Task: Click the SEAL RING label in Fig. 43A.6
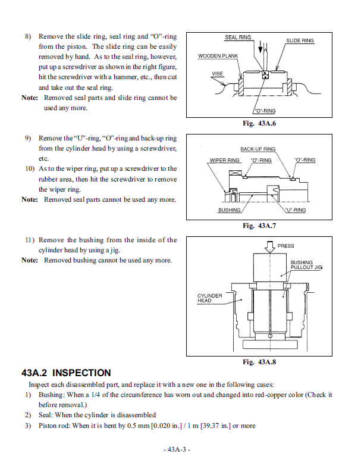(x=238, y=37)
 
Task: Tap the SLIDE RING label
(x=300, y=40)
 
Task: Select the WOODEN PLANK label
(x=218, y=57)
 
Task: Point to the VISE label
(x=218, y=74)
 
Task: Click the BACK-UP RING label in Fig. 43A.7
(x=258, y=149)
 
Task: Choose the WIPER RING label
(x=225, y=160)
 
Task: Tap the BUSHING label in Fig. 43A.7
(x=229, y=210)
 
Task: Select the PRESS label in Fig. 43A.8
(x=285, y=246)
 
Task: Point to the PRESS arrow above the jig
(x=270, y=246)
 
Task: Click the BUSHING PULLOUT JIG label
(x=306, y=265)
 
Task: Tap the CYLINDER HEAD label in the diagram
(x=210, y=298)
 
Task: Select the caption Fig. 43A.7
(x=259, y=226)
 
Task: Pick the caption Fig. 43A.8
(x=259, y=362)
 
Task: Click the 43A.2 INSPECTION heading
(x=66, y=373)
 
